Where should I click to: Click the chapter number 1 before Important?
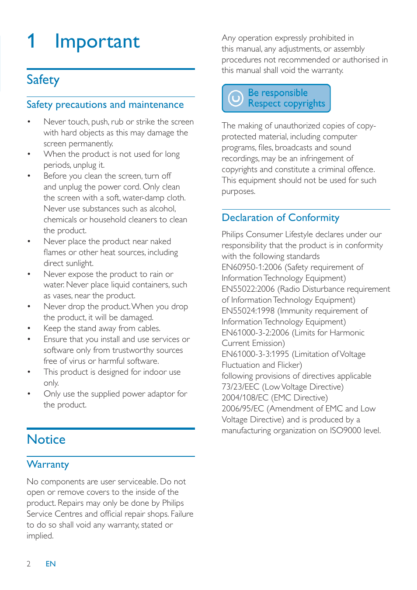[x=31, y=41]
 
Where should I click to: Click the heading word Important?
[x=97, y=42]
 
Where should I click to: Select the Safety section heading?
[x=43, y=80]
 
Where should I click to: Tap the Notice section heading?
[x=46, y=439]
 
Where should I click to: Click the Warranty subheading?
[x=48, y=465]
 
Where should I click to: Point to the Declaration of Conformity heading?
[x=280, y=218]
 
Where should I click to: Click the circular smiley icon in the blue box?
[x=235, y=98]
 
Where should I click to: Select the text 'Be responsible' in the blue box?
[x=278, y=93]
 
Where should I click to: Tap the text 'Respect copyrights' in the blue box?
[x=286, y=104]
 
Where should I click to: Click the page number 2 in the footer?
[x=29, y=564]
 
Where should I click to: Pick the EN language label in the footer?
[x=51, y=564]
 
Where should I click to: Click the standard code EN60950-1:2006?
[x=251, y=267]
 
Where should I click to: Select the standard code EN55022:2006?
[x=248, y=289]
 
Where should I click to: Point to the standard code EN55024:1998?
[x=248, y=311]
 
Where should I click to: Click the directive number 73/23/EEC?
[x=240, y=387]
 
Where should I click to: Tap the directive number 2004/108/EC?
[x=245, y=398]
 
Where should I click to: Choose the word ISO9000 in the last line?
[x=345, y=431]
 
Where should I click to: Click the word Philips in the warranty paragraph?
[x=173, y=503]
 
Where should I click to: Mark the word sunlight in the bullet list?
[x=80, y=263]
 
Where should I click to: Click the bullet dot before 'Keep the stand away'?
[x=29, y=328]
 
